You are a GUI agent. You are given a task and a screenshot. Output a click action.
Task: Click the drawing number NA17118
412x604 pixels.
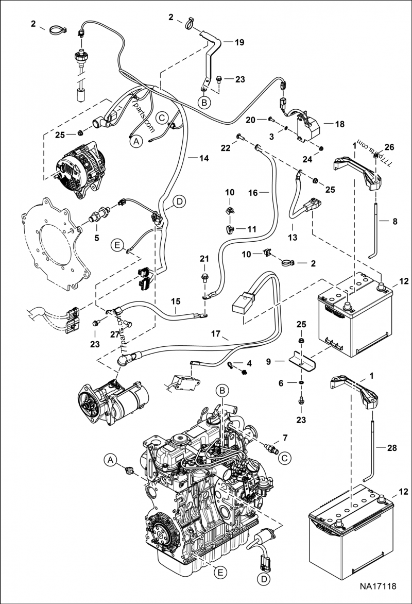378,586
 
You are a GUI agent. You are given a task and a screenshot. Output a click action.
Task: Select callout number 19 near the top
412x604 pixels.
239,43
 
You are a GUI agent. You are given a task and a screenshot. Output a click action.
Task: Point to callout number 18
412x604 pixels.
339,124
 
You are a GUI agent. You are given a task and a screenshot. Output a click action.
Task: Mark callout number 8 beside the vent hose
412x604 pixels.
394,222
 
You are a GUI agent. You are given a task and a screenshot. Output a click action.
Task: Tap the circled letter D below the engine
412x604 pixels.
263,580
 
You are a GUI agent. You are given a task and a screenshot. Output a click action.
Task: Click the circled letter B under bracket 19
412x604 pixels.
204,103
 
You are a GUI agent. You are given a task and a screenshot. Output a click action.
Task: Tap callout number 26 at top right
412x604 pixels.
389,147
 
